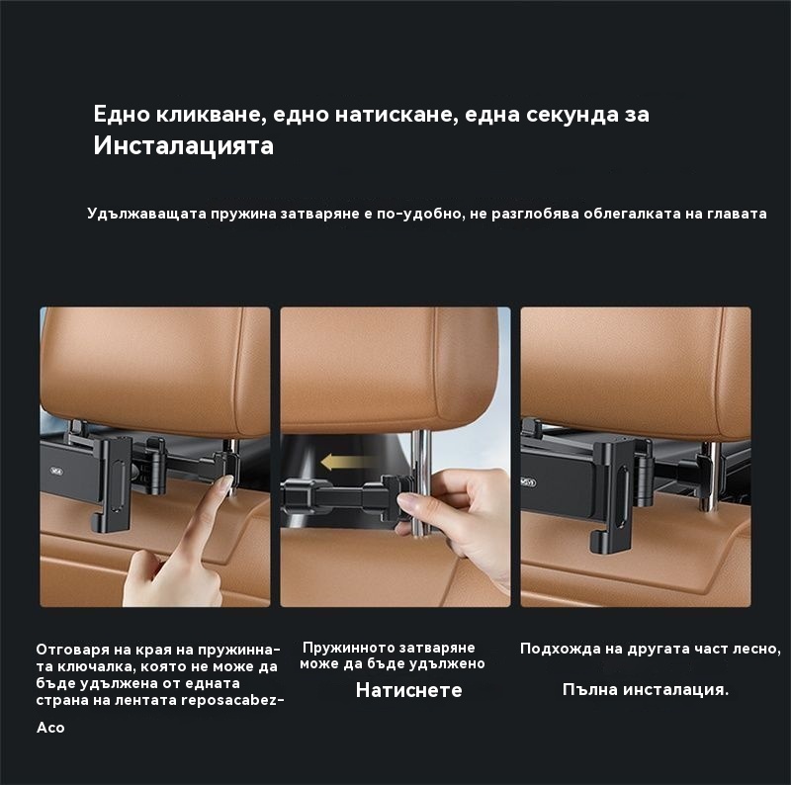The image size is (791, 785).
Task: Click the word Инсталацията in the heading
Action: tap(184, 145)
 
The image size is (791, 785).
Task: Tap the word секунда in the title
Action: tap(571, 115)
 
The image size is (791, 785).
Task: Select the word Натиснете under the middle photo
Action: tap(408, 690)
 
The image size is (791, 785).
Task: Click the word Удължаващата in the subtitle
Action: tap(146, 214)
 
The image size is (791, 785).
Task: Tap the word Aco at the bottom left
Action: tap(50, 728)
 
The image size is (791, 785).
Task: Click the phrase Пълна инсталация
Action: tap(646, 690)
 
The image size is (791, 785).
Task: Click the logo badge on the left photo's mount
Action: tap(57, 472)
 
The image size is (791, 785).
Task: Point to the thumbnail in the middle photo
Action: tap(410, 502)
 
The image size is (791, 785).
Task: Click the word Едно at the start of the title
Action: tap(122, 115)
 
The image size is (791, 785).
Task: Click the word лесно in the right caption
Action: tap(756, 649)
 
